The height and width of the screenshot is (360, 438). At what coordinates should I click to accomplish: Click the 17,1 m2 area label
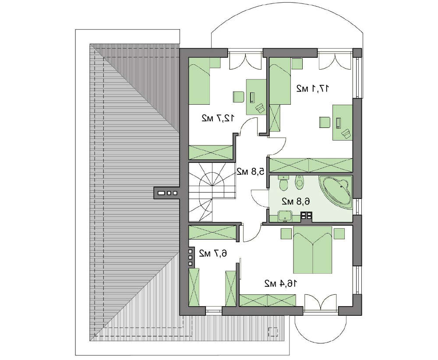(313, 88)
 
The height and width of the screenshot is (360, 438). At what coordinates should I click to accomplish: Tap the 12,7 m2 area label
(218, 118)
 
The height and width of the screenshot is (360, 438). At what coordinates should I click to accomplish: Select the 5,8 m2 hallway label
(250, 171)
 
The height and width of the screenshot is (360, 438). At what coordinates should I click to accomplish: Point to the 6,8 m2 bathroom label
(296, 201)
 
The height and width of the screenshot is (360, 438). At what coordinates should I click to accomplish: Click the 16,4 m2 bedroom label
(281, 283)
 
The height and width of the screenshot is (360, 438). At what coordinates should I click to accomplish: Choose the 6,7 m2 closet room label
(213, 253)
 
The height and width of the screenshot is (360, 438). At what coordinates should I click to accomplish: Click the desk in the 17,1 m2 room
(343, 122)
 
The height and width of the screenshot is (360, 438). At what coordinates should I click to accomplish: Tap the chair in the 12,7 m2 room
(239, 97)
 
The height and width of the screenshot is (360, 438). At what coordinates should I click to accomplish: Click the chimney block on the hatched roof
(167, 193)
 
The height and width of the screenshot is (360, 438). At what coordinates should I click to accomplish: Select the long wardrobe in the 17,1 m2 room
(311, 165)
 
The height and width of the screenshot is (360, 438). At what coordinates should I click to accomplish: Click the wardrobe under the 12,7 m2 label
(211, 152)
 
